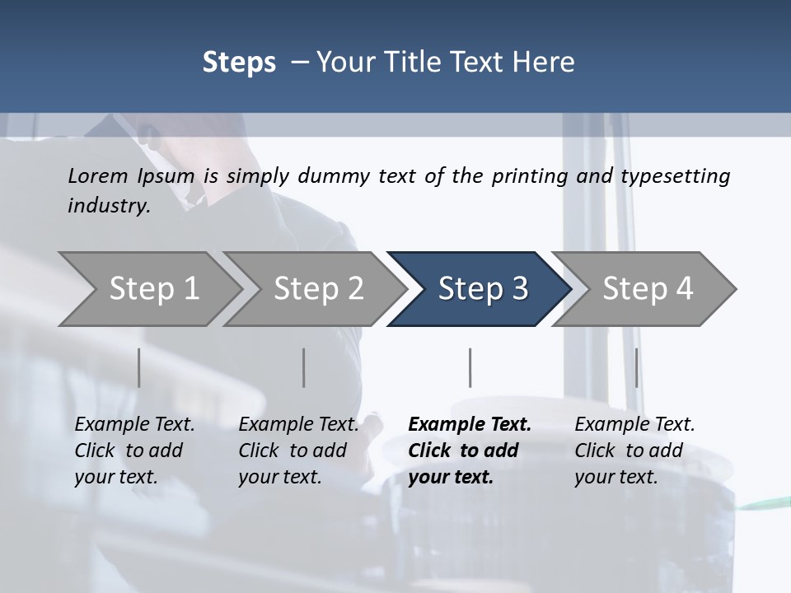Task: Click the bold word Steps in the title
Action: click(x=239, y=62)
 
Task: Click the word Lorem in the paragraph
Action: click(x=96, y=175)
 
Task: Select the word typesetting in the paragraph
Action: click(x=675, y=176)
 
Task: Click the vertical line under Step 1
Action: click(x=138, y=367)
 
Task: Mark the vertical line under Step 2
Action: click(x=304, y=367)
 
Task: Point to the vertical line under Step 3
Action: click(x=470, y=367)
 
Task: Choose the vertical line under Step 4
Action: click(x=636, y=367)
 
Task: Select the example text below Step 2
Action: click(x=297, y=451)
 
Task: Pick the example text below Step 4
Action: click(x=634, y=451)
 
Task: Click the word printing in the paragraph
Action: click(x=525, y=176)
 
